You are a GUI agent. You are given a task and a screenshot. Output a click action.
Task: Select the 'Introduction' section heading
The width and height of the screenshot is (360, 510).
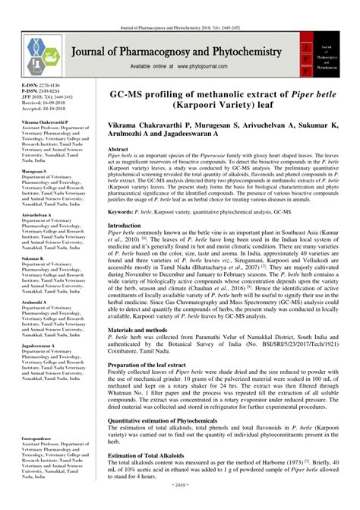(x=125, y=226)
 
